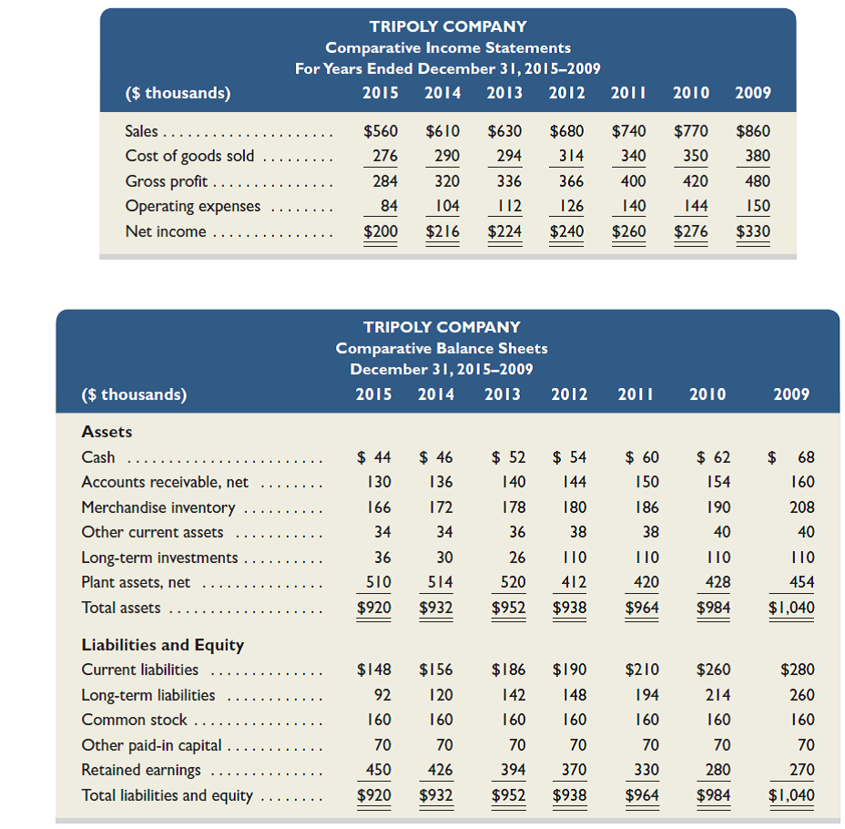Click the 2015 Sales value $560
[381, 131]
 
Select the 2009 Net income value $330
[752, 231]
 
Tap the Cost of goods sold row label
[189, 156]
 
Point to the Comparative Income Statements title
[448, 47]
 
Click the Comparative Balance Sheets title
[442, 348]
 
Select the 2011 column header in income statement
[629, 92]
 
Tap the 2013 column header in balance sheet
[503, 394]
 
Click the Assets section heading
[107, 432]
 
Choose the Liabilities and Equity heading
[163, 645]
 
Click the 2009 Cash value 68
[805, 457]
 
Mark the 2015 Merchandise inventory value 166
[378, 507]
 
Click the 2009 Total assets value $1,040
[792, 608]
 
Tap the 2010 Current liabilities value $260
[712, 670]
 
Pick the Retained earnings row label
[141, 770]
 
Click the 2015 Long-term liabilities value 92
[382, 695]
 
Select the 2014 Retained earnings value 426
[439, 770]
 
